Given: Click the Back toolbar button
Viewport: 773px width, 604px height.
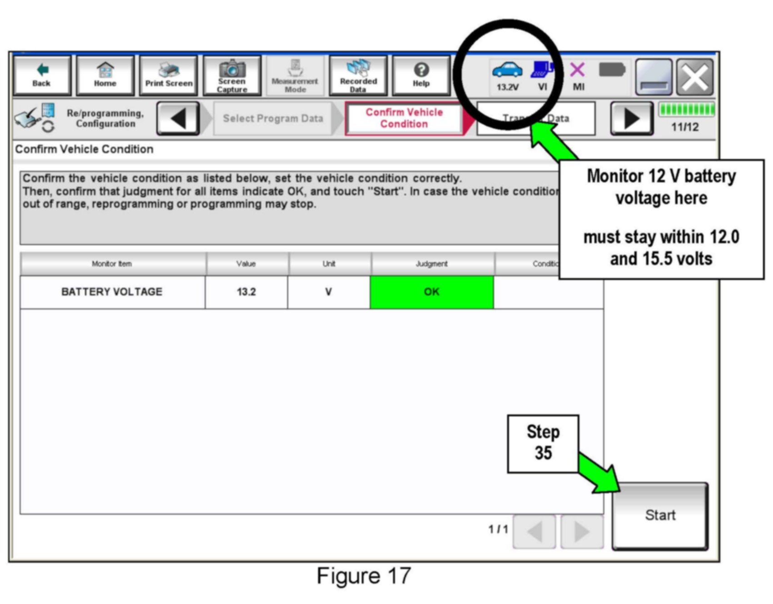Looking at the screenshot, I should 42,75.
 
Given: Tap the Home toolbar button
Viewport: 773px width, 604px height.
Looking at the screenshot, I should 105,75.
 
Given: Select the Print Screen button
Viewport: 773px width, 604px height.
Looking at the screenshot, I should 169,75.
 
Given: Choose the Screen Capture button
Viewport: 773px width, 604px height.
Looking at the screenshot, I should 232,75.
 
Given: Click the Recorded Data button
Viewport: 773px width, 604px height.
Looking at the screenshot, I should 358,75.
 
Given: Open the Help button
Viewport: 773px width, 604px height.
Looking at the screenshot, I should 421,75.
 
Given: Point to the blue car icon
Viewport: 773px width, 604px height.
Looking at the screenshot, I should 507,70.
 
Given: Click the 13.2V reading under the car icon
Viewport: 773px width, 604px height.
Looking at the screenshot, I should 507,87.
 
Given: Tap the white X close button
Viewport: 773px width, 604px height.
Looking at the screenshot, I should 695,77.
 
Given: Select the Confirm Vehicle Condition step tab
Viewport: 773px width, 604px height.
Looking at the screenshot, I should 404,118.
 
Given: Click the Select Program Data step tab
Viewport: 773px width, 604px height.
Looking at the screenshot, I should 273,119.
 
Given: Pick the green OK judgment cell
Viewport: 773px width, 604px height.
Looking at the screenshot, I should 432,292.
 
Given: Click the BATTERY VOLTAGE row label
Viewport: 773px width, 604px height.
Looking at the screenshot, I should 112,292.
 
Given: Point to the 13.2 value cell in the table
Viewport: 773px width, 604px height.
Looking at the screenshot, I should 246,292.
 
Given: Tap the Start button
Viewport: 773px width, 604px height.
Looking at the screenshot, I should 660,515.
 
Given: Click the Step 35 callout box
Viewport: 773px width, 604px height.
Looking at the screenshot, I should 543,443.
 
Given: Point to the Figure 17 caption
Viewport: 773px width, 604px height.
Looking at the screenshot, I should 364,576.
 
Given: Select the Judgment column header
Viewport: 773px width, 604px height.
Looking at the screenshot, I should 432,264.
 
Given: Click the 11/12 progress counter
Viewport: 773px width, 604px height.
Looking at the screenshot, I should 685,127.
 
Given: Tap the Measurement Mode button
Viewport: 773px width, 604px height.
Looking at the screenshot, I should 295,75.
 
